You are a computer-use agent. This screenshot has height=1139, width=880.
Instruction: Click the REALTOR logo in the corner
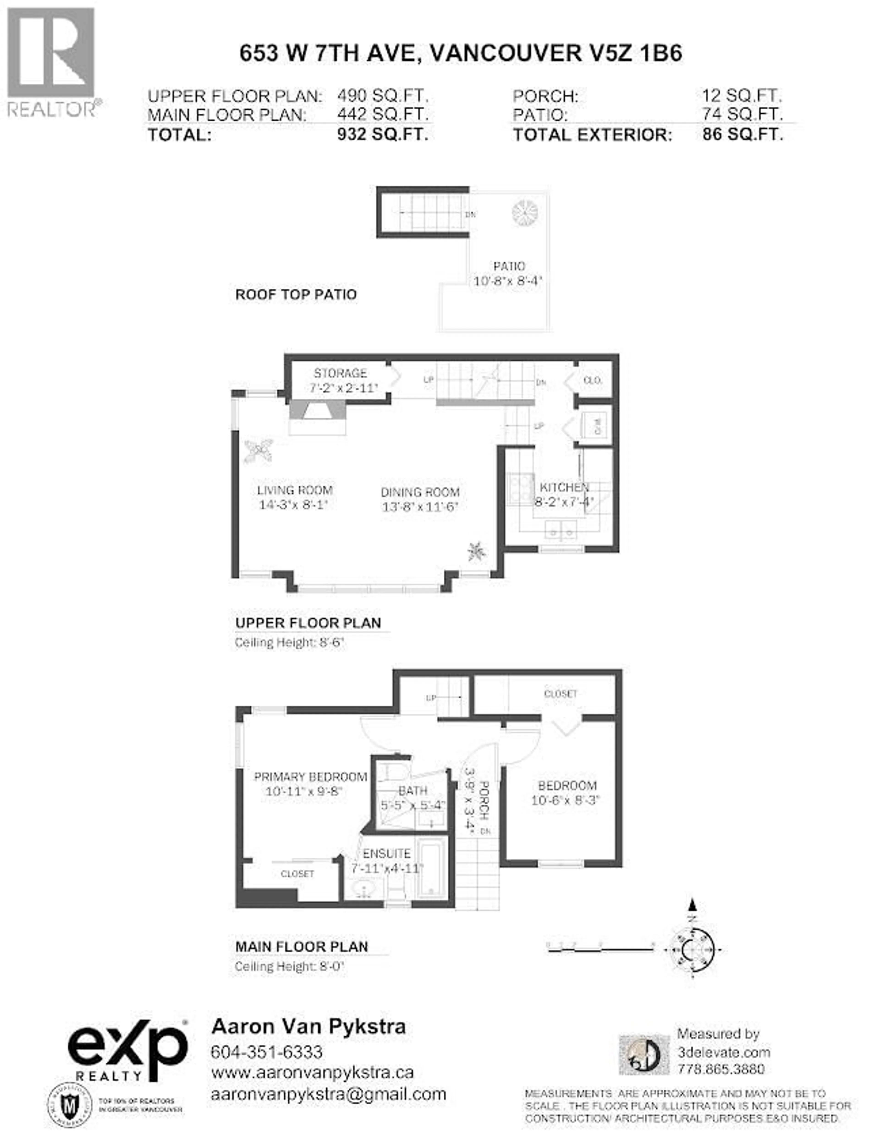pos(52,62)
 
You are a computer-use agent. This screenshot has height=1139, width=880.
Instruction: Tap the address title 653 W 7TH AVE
pos(460,53)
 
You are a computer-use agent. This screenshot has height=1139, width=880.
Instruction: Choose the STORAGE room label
pos(340,373)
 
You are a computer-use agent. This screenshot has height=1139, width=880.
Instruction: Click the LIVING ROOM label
pos(295,490)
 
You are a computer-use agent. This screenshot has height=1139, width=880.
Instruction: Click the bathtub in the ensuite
pos(432,868)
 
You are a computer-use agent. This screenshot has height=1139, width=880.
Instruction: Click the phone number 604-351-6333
pos(267,1052)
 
